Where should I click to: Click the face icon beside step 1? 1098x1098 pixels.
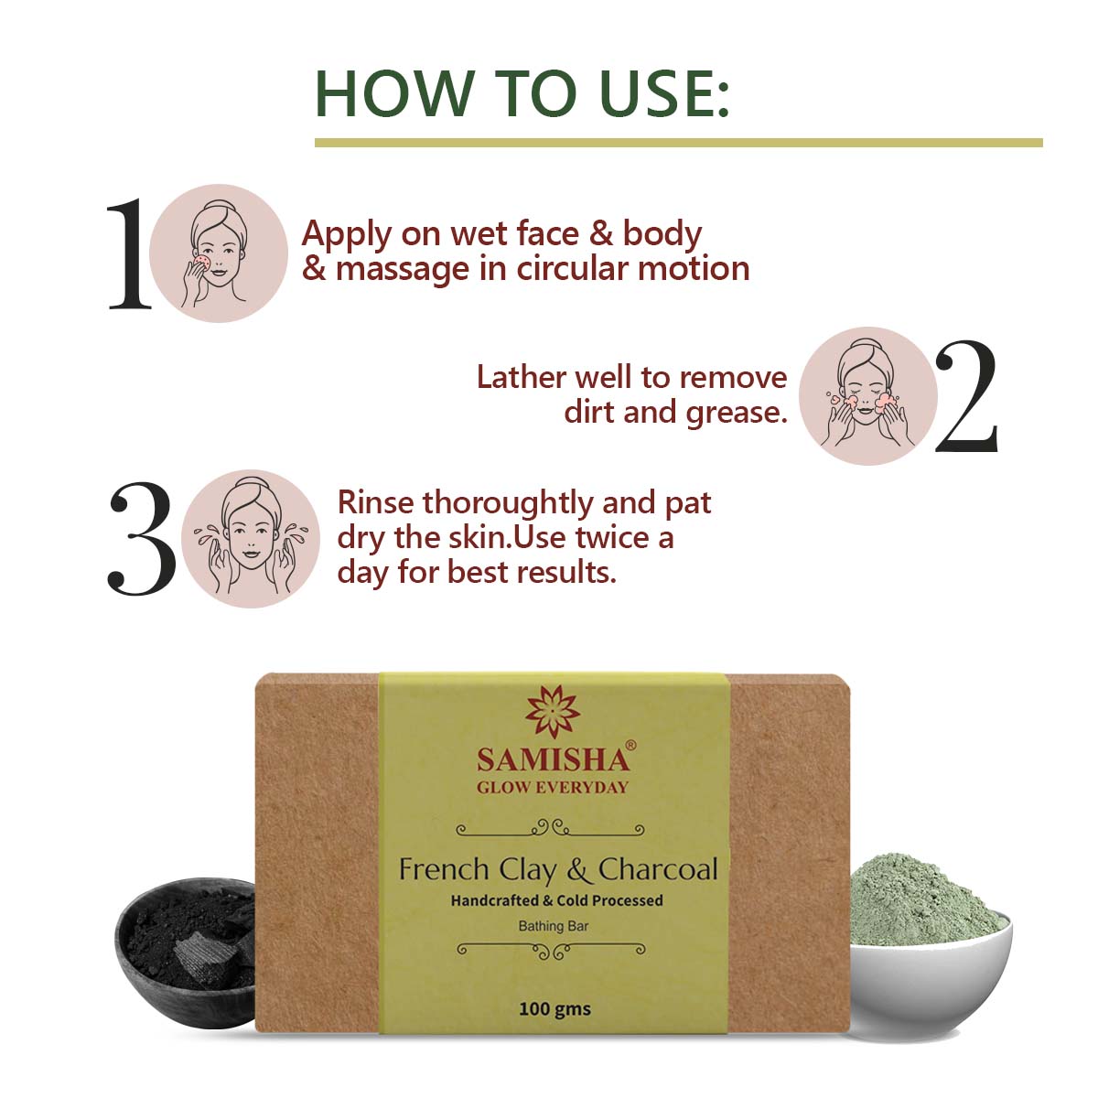point(218,253)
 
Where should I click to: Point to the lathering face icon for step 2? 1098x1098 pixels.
point(867,396)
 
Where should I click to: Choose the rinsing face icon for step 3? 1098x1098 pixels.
point(251,539)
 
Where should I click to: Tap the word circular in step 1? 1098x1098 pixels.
point(573,268)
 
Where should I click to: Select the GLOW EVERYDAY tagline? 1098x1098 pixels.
point(553,787)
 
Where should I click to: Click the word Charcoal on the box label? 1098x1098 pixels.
point(658,869)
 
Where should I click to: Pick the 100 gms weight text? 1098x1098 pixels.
point(554,1009)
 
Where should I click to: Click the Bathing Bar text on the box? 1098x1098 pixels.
point(553,926)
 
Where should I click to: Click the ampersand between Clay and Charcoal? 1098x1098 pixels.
point(577,869)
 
